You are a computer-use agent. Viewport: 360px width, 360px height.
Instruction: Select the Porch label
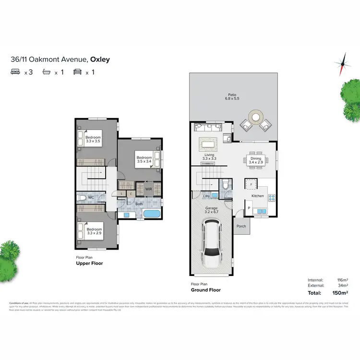click(x=241, y=226)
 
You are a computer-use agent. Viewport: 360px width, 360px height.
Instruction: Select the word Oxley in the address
click(x=100, y=60)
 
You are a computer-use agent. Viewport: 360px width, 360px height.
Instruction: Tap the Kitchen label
click(x=258, y=196)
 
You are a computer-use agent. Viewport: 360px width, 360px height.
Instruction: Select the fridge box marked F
click(x=251, y=184)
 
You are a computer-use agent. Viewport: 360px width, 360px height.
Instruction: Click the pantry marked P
click(x=249, y=208)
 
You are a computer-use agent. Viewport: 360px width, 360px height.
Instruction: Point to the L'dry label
click(x=207, y=196)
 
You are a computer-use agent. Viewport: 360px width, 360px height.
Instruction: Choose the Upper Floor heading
click(x=90, y=264)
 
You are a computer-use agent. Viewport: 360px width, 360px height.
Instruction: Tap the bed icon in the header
click(x=15, y=72)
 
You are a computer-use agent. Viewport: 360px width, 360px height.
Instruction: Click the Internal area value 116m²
click(x=342, y=279)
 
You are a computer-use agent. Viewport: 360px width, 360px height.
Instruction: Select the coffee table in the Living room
click(x=207, y=144)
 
